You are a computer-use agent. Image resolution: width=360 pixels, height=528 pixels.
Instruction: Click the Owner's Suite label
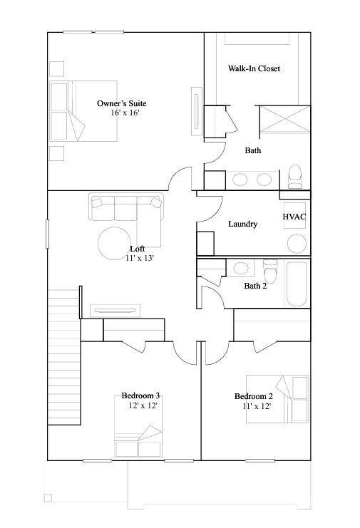click(122, 103)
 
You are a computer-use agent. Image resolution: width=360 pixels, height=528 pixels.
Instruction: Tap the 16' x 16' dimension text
click(125, 113)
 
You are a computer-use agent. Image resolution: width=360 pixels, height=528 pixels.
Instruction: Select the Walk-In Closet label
click(254, 68)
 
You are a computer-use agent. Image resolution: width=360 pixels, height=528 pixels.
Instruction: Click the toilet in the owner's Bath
click(295, 177)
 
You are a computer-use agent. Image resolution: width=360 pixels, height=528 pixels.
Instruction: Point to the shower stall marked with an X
click(285, 119)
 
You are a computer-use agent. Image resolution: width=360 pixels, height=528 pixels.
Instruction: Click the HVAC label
click(294, 217)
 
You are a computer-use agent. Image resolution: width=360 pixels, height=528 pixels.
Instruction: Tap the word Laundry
click(243, 224)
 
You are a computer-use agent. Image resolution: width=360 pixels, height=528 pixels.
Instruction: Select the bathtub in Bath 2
click(297, 283)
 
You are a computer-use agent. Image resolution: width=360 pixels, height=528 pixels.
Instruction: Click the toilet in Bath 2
click(270, 270)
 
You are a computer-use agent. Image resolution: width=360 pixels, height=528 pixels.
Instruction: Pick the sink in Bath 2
click(241, 268)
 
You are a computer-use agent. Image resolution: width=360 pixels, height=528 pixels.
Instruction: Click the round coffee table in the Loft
click(115, 243)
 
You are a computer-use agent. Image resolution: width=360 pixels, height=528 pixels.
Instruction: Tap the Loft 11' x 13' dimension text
click(140, 258)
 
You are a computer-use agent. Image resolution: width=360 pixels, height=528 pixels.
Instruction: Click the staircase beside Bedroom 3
click(64, 357)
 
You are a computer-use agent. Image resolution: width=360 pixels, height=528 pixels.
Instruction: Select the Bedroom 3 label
click(140, 395)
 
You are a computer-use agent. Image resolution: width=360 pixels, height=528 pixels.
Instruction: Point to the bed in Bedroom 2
click(277, 399)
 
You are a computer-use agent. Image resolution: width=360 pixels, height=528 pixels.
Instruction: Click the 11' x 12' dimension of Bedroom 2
click(257, 406)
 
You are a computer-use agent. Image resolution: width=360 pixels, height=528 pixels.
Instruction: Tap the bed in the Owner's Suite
click(83, 110)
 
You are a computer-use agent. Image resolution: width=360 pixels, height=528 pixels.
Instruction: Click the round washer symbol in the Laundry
click(297, 244)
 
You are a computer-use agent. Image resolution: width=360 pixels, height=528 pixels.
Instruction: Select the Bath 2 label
click(255, 286)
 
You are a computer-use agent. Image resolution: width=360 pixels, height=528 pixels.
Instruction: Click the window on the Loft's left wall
click(48, 234)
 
